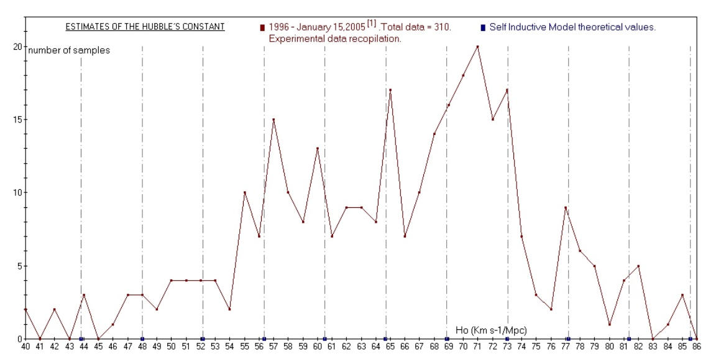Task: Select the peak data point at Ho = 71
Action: pos(477,46)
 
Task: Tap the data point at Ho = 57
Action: pos(273,120)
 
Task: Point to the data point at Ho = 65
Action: pos(390,90)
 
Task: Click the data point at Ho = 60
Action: pos(318,149)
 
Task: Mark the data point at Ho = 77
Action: pos(565,207)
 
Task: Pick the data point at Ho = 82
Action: pos(638,266)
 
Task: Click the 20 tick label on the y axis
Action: pos(17,47)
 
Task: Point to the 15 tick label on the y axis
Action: pos(17,120)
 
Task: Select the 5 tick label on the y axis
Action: pos(19,266)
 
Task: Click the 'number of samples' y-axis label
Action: pos(69,50)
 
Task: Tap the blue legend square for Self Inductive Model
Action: pos(483,28)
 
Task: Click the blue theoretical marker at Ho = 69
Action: pos(447,339)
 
